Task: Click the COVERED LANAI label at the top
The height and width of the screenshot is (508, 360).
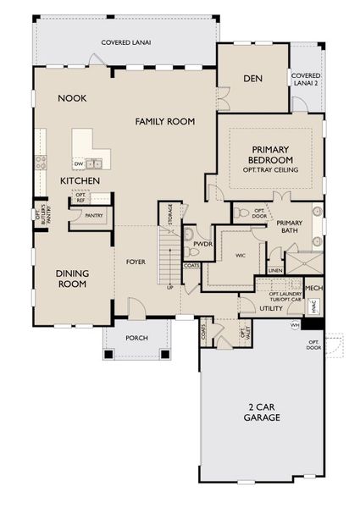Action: [125, 41]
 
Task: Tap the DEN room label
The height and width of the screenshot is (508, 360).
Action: [252, 79]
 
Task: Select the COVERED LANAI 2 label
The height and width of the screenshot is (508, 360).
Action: [306, 79]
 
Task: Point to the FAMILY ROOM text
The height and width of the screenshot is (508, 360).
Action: [165, 122]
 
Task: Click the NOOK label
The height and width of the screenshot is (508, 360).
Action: [73, 98]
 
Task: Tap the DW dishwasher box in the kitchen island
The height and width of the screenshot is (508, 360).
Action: [79, 163]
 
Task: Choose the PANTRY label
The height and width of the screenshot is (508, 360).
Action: [93, 216]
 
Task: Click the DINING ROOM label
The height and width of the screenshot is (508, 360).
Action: [72, 279]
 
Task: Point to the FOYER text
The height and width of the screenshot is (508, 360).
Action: [136, 262]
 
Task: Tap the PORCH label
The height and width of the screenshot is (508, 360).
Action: [136, 338]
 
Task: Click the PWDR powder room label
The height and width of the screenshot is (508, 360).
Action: [201, 245]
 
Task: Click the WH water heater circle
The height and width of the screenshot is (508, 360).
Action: [295, 324]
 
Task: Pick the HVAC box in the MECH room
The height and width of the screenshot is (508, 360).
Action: [313, 309]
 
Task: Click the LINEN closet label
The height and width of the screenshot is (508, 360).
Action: [274, 270]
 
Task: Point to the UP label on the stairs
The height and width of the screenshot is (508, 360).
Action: [170, 287]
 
